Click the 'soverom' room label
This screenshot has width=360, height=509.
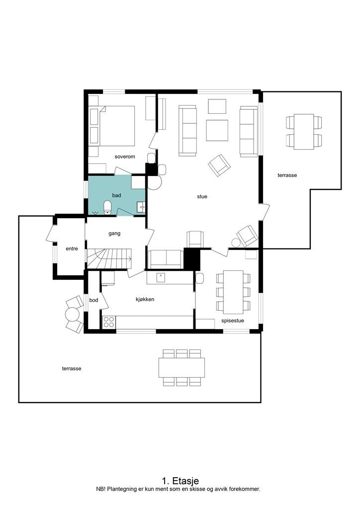click(x=125, y=157)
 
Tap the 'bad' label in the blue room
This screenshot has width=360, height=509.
click(x=116, y=195)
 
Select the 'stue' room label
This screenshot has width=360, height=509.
click(x=202, y=196)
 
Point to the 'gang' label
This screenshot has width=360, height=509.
click(x=114, y=234)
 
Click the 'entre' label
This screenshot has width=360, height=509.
click(x=72, y=249)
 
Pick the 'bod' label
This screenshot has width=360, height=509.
click(x=93, y=300)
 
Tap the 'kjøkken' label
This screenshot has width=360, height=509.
click(x=145, y=299)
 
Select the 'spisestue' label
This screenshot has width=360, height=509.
click(x=232, y=321)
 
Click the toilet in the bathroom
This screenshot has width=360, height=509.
click(x=107, y=208)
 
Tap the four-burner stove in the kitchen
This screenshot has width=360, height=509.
click(x=109, y=322)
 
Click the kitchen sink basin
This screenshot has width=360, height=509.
click(x=161, y=277)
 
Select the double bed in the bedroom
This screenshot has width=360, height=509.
click(x=116, y=126)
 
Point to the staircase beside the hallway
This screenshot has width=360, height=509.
click(x=109, y=258)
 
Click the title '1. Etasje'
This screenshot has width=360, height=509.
click(x=180, y=481)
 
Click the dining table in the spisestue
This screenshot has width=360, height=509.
click(x=233, y=292)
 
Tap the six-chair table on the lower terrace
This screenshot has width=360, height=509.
click(x=181, y=367)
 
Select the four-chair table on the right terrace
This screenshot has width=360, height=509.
click(x=304, y=131)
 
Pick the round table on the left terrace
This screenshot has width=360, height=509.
click(x=72, y=314)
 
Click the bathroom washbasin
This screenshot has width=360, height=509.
click(x=141, y=207)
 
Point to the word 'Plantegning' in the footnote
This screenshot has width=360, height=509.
click(x=120, y=489)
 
